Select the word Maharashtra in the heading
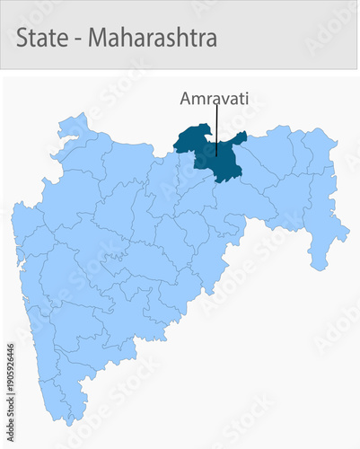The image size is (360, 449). click(x=153, y=39)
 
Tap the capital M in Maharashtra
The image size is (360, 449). click(x=97, y=39)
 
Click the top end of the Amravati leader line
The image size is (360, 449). click(x=216, y=107)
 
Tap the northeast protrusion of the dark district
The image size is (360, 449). click(x=241, y=136)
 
